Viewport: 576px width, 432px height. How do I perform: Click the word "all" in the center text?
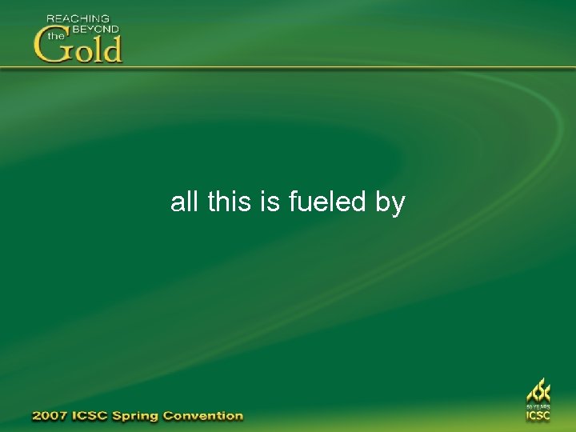pos(184,202)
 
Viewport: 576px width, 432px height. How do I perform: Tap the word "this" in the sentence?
pos(229,202)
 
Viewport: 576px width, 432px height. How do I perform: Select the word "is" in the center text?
pos(269,202)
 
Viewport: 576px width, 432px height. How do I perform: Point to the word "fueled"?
pos(326,202)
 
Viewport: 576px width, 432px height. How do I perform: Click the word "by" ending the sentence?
pos(390,203)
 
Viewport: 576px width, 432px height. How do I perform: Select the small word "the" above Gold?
pos(55,36)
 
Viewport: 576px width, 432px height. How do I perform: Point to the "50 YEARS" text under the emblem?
pos(538,407)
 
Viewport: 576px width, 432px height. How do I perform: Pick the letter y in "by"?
pos(398,205)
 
